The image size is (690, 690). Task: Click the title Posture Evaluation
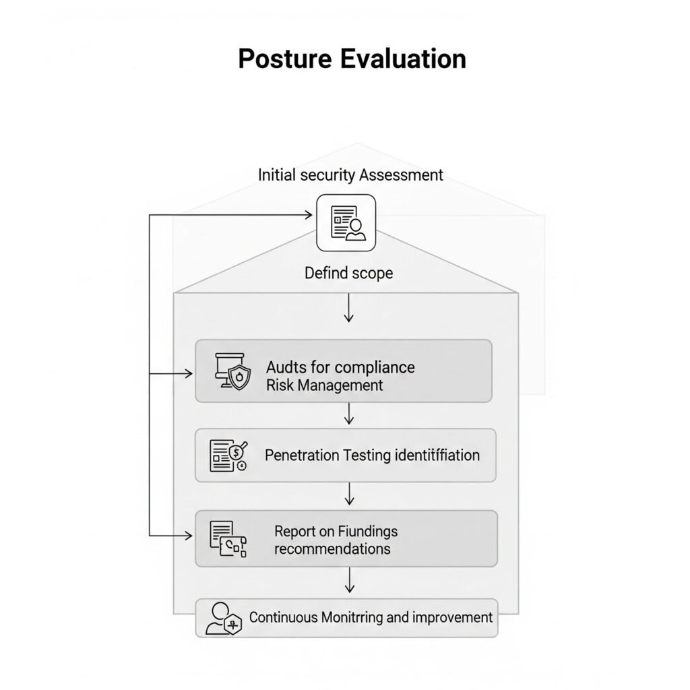point(352,59)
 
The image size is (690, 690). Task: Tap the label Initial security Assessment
point(350,175)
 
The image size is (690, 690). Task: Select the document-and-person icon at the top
point(346,223)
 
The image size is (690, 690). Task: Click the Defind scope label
point(348,274)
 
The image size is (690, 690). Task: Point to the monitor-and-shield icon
point(231,371)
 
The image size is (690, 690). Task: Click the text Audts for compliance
point(340,367)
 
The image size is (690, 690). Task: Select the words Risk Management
point(324,385)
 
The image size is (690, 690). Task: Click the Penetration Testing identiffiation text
point(372,455)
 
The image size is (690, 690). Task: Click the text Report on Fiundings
point(336,531)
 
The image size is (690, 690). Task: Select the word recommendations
point(332,548)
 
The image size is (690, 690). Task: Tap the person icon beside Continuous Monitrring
point(223,618)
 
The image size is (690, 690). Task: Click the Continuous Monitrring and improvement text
point(371,617)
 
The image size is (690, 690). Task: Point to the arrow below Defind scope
point(348,308)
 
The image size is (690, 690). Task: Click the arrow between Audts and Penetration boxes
point(348,414)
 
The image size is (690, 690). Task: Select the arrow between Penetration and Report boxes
point(348,495)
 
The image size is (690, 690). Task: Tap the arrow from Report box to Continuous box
point(348,581)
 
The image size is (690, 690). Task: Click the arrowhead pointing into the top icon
point(311,216)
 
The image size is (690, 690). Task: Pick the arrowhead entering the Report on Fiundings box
point(189,536)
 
